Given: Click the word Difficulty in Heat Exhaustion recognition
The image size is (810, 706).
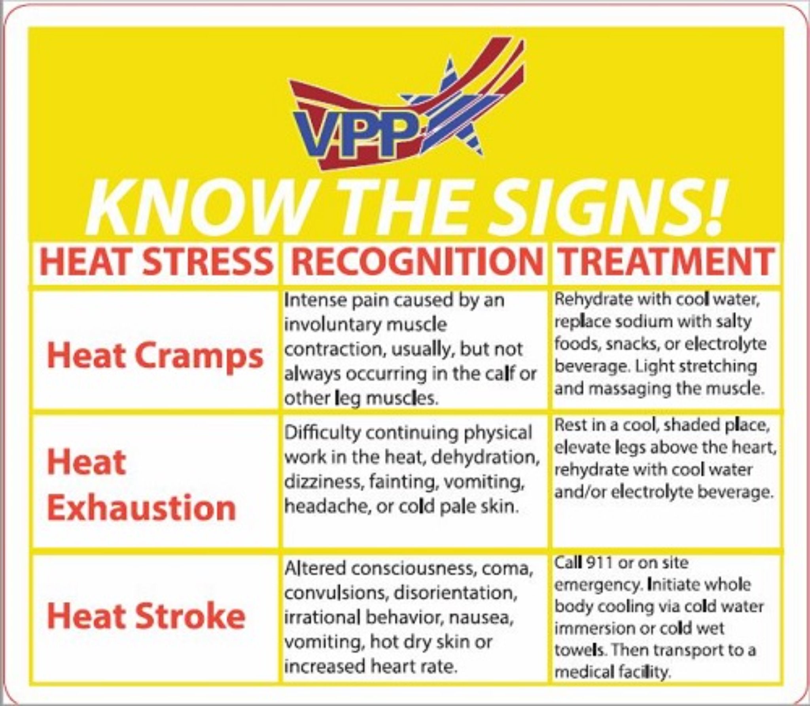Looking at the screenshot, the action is point(322,434).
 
